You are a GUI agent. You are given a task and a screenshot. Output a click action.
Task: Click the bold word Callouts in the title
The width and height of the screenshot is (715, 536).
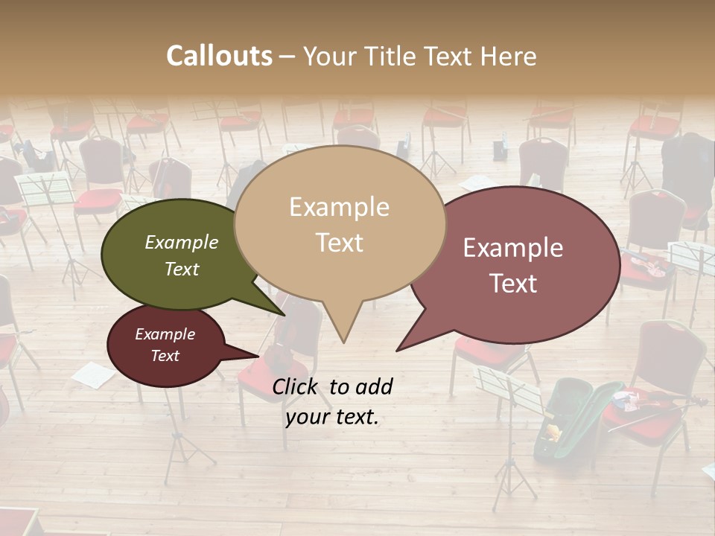pos(219,56)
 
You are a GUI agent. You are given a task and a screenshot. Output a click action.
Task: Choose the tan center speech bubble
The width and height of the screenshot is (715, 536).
pos(340,186)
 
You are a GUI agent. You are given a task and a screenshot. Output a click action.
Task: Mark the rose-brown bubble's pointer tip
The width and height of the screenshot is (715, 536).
pos(397,350)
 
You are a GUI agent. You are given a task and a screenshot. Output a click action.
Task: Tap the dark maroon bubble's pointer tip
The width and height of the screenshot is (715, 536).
pos(258,355)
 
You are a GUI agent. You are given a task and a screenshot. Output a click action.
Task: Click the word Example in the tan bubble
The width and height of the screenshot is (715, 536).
pos(339,207)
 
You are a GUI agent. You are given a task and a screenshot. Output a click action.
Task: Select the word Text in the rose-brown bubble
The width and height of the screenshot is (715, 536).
pos(512,283)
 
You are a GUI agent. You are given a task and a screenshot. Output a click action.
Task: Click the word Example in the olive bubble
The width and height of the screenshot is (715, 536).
pos(182,242)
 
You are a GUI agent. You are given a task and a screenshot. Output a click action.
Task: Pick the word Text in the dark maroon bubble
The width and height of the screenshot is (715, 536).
pos(165,356)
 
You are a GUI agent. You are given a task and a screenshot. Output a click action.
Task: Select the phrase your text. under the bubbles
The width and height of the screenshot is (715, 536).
pos(332,417)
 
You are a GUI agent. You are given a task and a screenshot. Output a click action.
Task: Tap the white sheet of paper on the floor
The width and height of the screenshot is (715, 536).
pos(92,373)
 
